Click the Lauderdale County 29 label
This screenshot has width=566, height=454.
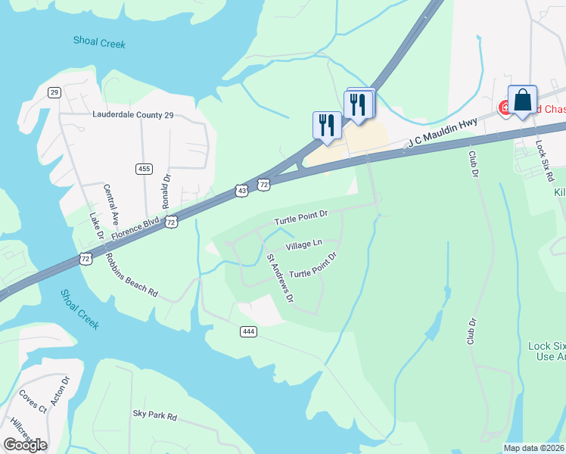pos(133,115)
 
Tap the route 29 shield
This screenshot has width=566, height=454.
pos(54,92)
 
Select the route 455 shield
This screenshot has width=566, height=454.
pos(144,168)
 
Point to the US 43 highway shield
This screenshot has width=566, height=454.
pos(241,191)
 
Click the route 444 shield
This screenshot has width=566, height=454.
pos(248,331)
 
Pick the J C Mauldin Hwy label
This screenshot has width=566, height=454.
pos(443,131)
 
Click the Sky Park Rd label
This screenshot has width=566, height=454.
pos(154,415)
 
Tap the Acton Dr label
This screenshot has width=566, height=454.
pos(59,393)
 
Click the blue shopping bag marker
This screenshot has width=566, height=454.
pos(522,100)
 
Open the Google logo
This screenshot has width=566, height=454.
pos(25,445)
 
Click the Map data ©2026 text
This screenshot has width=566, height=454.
pos(534,448)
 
